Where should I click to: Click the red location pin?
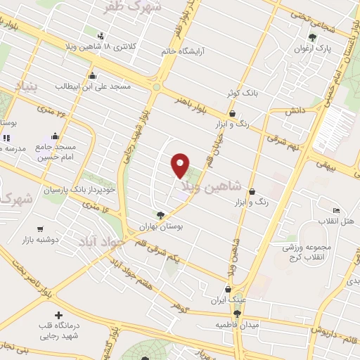coord(181,165)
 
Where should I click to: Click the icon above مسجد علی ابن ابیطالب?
coord(92,76)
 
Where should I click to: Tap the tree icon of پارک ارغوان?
coord(313,37)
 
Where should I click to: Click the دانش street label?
coord(293,111)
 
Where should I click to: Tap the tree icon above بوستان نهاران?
coord(162,216)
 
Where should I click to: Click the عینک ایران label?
coord(228,300)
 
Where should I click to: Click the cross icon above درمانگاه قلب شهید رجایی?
coord(59,316)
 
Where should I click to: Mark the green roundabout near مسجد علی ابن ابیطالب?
coord(156,88)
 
